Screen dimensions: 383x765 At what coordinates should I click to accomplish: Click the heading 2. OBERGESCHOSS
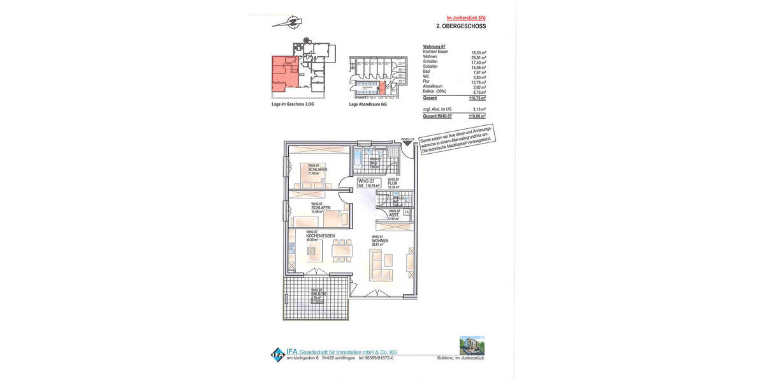click(x=460, y=27)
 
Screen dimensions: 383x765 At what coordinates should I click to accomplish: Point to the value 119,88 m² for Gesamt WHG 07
click(x=478, y=116)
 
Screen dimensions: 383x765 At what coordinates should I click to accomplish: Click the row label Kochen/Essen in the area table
click(x=435, y=52)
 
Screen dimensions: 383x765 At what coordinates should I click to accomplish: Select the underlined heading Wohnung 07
click(x=434, y=47)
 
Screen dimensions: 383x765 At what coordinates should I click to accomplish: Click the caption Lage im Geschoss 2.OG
click(x=293, y=104)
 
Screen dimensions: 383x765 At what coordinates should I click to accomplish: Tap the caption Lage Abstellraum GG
click(x=368, y=104)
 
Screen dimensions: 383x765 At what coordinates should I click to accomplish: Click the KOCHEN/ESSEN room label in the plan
click(x=320, y=236)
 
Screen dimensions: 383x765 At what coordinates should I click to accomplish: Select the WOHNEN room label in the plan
click(x=380, y=240)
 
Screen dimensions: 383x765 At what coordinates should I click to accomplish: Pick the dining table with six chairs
click(x=342, y=251)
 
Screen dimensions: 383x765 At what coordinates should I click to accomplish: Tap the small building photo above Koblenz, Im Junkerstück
click(x=472, y=345)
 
